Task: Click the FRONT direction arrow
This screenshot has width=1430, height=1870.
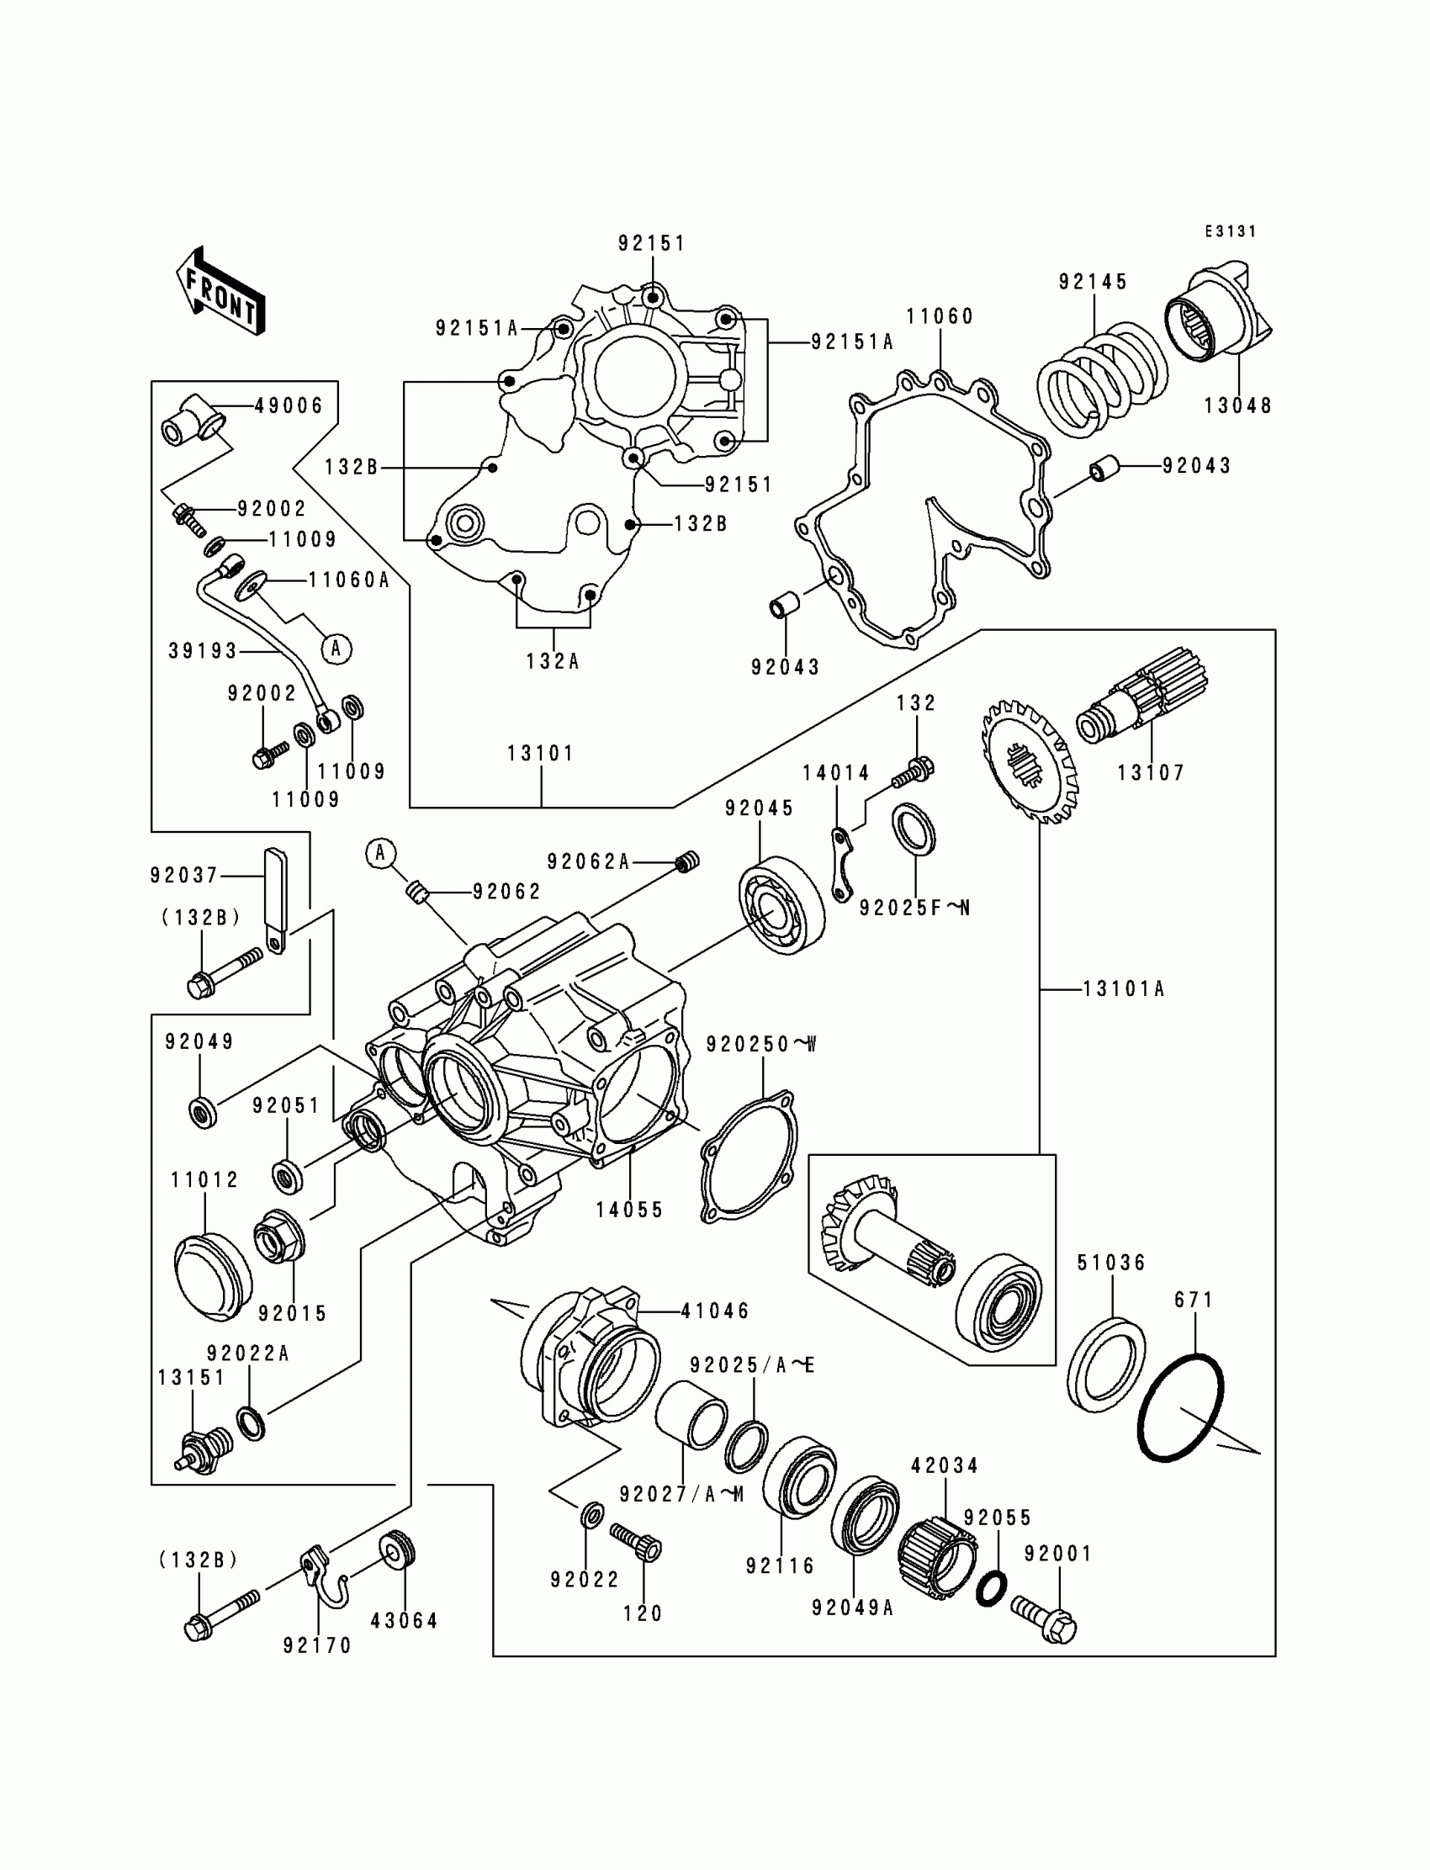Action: [220, 292]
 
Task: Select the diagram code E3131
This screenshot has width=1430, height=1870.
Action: [1230, 231]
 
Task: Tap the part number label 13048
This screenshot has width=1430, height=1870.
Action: [1237, 406]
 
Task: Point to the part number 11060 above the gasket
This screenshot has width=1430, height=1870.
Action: [939, 316]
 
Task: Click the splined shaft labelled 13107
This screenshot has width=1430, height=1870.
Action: [1143, 705]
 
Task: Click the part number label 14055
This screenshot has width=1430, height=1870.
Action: [629, 1210]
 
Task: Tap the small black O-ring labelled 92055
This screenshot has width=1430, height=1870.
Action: [991, 1588]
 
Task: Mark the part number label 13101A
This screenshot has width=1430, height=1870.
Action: [1123, 989]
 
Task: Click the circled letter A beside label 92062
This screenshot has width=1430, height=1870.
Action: [380, 853]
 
